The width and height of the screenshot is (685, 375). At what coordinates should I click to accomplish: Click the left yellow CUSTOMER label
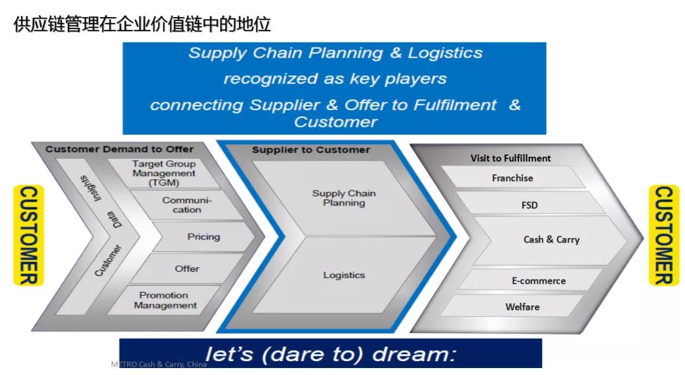coord(29,235)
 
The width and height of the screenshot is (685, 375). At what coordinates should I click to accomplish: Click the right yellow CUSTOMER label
coord(664,235)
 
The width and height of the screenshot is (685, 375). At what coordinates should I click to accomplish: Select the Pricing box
coord(204,237)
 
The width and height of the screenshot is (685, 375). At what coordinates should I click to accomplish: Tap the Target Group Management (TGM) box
coord(164,174)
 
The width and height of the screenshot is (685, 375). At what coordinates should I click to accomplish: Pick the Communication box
coord(186,205)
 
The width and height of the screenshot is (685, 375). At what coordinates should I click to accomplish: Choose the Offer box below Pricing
coord(186,269)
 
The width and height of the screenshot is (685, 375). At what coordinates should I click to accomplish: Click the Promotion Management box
coord(165,300)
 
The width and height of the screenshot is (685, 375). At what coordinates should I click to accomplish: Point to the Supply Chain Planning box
coord(343,198)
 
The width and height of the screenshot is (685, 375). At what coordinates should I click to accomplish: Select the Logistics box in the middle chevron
coord(343,275)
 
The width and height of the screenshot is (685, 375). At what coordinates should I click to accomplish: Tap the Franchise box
coord(512,177)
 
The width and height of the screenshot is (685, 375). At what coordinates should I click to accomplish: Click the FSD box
coord(530,205)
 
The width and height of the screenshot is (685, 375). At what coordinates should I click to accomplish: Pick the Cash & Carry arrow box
coord(551,239)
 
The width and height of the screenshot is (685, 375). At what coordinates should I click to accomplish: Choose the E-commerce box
coord(538,281)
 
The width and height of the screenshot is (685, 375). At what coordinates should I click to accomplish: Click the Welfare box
coord(522,307)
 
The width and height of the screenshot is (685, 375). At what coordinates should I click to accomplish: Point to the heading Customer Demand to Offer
coord(119,149)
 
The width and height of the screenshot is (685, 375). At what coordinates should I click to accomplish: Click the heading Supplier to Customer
coord(311,149)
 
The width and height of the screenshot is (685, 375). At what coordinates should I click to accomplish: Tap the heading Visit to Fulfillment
coord(510,158)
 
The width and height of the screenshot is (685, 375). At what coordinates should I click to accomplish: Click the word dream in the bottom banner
coord(414,353)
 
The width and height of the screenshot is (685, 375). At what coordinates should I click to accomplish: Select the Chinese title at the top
coord(142,24)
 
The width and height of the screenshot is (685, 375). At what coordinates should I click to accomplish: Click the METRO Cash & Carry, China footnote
coord(159,364)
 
